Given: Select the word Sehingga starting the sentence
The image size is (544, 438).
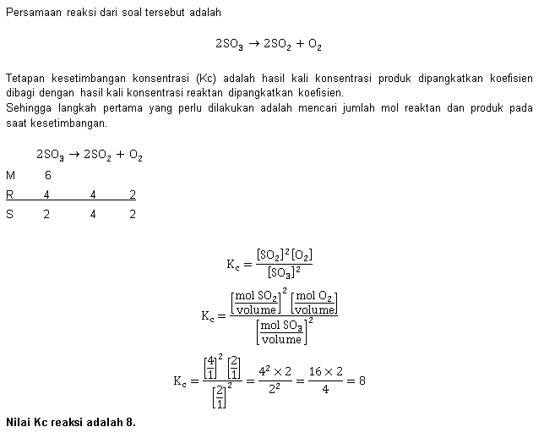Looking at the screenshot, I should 27,107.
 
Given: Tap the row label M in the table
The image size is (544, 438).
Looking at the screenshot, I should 10,175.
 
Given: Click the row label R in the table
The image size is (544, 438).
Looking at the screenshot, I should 10,194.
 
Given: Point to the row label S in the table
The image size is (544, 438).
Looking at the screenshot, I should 10,214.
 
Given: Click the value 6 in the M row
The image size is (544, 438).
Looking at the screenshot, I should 48,175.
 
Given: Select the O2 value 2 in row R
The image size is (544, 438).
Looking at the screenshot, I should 133,194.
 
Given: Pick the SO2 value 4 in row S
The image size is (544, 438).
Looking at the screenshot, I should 93,214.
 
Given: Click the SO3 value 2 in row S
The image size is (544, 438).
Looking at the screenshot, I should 46,214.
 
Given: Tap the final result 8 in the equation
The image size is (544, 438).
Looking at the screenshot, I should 362,381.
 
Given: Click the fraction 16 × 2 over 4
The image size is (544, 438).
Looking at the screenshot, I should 324,381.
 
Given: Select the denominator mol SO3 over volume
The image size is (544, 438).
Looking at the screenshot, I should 281,332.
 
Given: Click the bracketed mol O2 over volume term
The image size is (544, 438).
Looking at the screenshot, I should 314,302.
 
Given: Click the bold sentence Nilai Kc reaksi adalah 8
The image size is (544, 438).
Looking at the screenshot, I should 71,421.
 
